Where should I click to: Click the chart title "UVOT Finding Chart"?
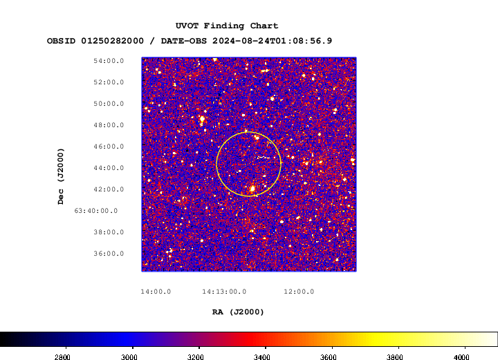pos(227,26)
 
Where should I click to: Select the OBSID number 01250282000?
pos(113,41)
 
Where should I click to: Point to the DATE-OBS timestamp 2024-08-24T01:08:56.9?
pos(273,41)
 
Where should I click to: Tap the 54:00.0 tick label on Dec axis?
pos(109,61)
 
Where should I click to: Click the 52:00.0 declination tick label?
pos(109,82)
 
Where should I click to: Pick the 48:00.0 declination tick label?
pos(109,125)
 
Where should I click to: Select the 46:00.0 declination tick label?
pos(109,146)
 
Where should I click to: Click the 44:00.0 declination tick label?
pos(109,168)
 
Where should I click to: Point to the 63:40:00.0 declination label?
pos(96,211)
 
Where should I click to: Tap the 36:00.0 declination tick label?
pos(109,254)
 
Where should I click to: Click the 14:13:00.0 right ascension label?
pos(224,292)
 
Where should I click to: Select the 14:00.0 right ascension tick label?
pos(156,292)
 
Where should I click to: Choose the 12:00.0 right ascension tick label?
pos(299,292)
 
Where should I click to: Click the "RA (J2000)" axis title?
pos(238,312)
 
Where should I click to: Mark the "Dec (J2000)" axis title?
pos(61,176)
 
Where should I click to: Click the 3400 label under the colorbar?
pos(262,357)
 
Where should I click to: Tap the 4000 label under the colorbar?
pos(461,357)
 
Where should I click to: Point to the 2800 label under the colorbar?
pos(62,357)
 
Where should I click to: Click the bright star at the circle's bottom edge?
pos(252,189)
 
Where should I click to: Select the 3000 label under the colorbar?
pos(129,357)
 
